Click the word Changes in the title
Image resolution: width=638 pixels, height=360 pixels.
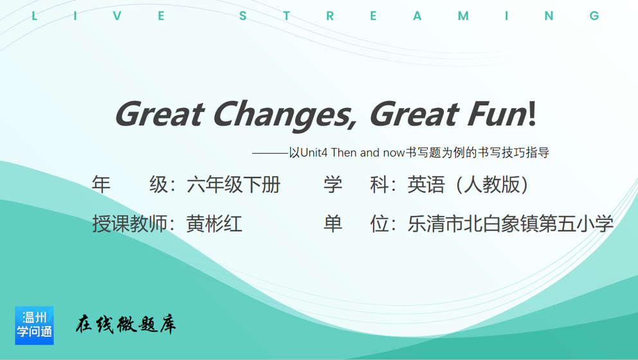point(285,115)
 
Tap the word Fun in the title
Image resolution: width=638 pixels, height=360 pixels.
point(497,114)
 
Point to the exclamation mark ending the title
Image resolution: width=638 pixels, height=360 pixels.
point(533,113)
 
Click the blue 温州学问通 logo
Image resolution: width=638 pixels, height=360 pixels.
point(34,325)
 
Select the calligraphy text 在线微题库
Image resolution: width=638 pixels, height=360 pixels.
point(125,324)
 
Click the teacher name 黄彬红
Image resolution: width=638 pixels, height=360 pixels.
point(214,224)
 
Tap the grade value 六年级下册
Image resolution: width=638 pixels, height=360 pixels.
point(233,184)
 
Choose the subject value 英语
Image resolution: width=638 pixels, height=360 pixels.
point(426,184)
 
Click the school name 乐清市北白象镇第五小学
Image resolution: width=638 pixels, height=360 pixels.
point(510,224)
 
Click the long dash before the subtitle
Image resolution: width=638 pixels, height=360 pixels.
point(270,154)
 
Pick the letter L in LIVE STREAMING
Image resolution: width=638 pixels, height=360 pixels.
point(34,16)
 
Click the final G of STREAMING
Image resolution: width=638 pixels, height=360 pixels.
point(594,16)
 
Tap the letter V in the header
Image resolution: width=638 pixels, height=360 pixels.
point(117,16)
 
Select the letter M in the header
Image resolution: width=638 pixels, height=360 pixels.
point(463,16)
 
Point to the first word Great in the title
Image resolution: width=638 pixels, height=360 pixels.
point(159,114)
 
